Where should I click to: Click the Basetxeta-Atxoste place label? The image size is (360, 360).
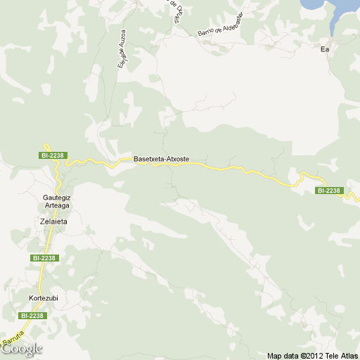pyautogui.click(x=161, y=160)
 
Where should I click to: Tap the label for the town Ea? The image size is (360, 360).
pyautogui.click(x=325, y=49)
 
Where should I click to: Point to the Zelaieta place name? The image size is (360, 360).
pyautogui.click(x=53, y=221)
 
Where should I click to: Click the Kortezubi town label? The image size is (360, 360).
pyautogui.click(x=43, y=297)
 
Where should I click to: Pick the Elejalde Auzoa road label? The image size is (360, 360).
pyautogui.click(x=122, y=48)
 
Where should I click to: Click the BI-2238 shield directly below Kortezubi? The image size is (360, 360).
pyautogui.click(x=32, y=316)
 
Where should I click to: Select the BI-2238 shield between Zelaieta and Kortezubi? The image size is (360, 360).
pyautogui.click(x=44, y=258)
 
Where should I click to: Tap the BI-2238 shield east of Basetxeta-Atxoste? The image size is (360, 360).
pyautogui.click(x=328, y=191)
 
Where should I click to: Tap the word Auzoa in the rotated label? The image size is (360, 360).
pyautogui.click(x=124, y=35)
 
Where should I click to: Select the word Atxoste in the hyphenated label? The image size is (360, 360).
pyautogui.click(x=176, y=160)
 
